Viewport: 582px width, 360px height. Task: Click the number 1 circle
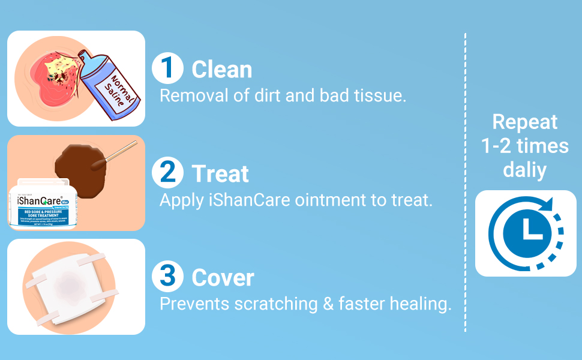[x=167, y=68]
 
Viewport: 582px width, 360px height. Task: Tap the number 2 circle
[x=167, y=173]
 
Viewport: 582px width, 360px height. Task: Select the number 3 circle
[x=167, y=277]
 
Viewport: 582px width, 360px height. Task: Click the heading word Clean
[x=221, y=70]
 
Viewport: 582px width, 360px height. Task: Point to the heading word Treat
[x=220, y=174]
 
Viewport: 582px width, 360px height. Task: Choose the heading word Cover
[x=223, y=278]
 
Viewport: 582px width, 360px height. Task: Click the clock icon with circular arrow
[x=526, y=233]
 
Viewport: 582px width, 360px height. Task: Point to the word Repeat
[x=525, y=122]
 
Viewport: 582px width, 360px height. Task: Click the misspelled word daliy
[x=524, y=170]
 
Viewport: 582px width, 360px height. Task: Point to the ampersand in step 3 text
[x=328, y=304]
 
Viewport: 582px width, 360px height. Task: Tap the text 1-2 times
[x=525, y=146]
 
